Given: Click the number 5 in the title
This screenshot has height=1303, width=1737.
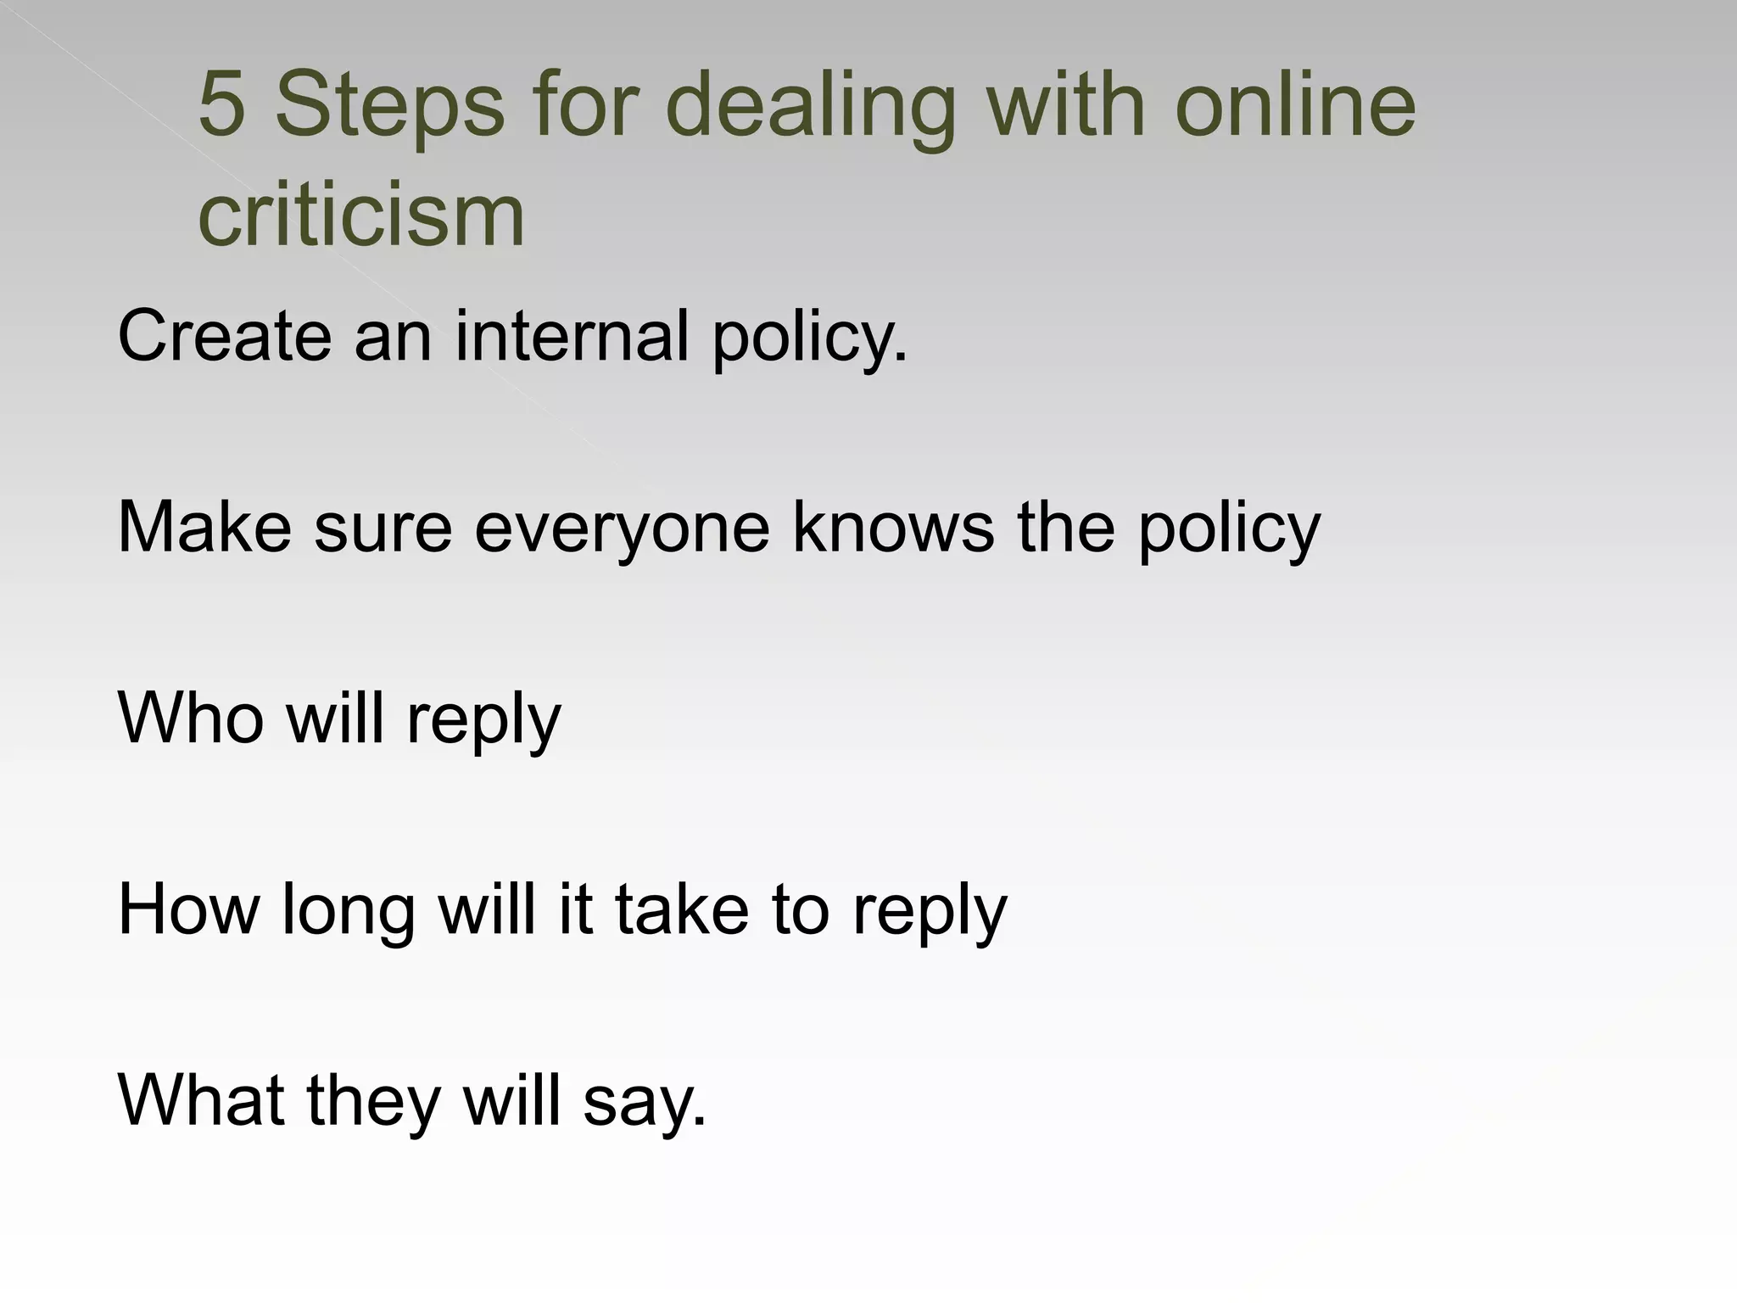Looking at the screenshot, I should [221, 105].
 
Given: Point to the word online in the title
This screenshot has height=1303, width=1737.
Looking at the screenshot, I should [1295, 105].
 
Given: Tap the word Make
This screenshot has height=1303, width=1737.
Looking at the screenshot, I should [204, 528].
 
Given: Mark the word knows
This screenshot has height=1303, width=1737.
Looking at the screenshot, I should [893, 528].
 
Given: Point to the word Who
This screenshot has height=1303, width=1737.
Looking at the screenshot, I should [191, 719].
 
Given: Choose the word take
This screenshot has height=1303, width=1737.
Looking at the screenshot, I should [682, 910].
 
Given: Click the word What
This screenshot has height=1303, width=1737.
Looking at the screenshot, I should [201, 1101].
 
